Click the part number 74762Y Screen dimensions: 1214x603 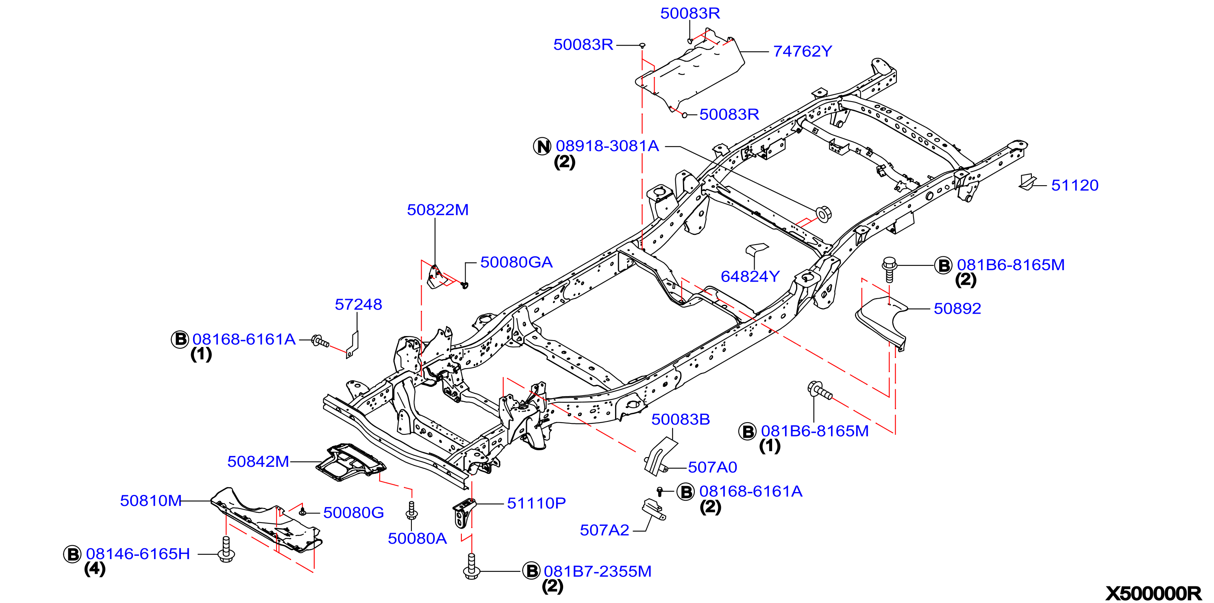point(803,51)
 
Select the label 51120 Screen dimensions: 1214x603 point(1075,185)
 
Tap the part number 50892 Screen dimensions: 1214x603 point(957,308)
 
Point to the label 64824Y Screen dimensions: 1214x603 point(750,277)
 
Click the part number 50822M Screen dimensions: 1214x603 point(438,210)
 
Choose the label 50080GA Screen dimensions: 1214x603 point(516,262)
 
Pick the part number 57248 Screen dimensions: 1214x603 point(358,304)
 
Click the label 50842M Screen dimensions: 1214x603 point(258,461)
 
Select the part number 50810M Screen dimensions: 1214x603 point(151,500)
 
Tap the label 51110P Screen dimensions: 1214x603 point(536,503)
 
